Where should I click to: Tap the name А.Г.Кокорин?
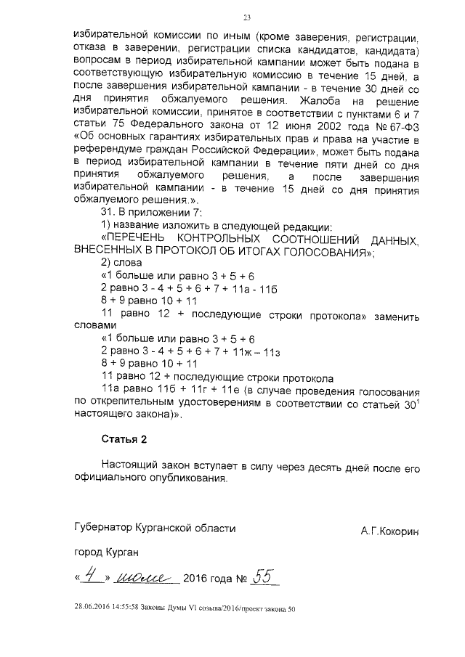390,532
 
